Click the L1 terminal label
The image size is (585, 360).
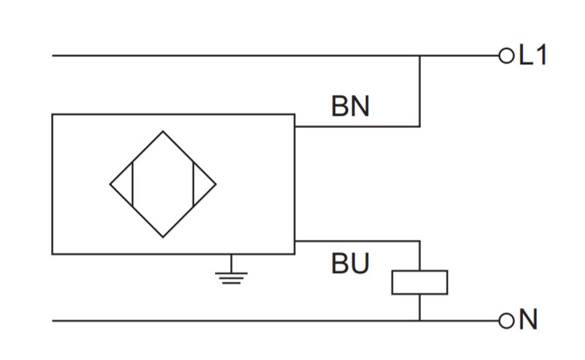[533, 55]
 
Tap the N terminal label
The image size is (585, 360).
[528, 319]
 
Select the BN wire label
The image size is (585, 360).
[350, 106]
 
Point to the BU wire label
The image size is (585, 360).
[350, 263]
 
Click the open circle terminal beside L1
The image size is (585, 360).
[506, 56]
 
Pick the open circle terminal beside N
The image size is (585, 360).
[506, 320]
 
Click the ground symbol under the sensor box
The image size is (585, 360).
[231, 274]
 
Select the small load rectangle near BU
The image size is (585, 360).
[420, 282]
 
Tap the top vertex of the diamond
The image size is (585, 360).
[162, 131]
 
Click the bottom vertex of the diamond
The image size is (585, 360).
[162, 237]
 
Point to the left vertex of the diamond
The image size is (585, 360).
[110, 184]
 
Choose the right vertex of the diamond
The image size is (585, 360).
[216, 184]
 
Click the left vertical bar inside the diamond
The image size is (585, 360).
[132, 184]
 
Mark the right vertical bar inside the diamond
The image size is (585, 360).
[193, 184]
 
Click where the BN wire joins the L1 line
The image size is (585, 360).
[420, 56]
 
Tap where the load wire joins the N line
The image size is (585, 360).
[420, 320]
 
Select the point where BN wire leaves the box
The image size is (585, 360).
[295, 127]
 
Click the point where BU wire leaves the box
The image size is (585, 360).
[295, 241]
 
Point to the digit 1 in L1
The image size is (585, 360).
[540, 55]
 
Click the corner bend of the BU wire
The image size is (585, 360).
[420, 241]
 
